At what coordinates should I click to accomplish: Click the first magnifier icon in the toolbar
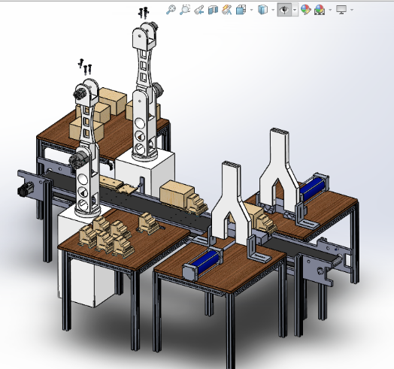[171, 10]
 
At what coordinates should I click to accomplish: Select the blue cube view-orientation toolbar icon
[262, 10]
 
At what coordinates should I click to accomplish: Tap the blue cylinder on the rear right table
[315, 186]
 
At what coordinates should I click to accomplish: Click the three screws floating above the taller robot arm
[143, 12]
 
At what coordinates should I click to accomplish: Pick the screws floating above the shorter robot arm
[86, 66]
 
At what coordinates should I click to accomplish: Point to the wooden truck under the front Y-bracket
[262, 220]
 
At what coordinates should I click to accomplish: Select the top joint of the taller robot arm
[144, 34]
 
